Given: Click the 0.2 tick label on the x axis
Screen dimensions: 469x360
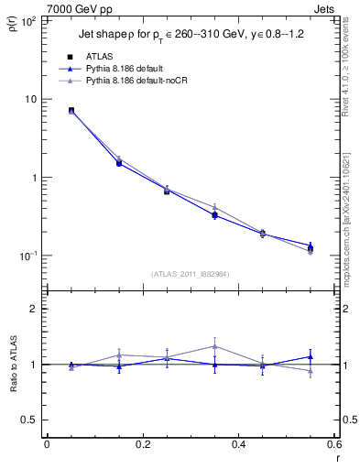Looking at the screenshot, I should coord(142,444).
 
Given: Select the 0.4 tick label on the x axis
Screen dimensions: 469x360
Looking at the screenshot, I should coord(238,444).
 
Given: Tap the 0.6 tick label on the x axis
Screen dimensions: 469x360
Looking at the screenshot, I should coord(333,444).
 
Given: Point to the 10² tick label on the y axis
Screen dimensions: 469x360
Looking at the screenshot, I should coord(27,20).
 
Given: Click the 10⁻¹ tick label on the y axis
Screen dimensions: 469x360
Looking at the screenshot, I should coord(27,256).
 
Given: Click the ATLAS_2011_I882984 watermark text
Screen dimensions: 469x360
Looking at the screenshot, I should coord(190,274).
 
